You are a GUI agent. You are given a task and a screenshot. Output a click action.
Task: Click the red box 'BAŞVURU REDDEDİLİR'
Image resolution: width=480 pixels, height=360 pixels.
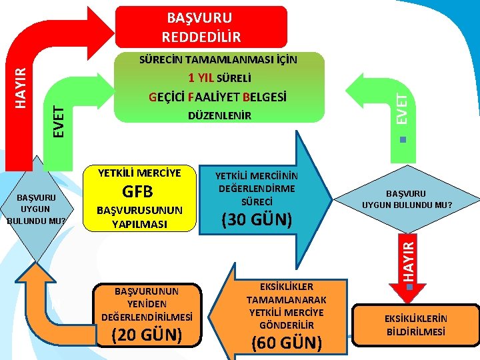tap(201, 27)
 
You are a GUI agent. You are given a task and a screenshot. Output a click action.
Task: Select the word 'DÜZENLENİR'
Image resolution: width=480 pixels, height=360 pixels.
tap(219, 116)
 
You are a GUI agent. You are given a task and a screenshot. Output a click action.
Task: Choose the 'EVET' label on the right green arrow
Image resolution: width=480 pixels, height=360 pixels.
tap(401, 107)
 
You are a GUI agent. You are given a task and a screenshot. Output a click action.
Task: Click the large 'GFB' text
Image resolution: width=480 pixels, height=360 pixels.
tap(139, 191)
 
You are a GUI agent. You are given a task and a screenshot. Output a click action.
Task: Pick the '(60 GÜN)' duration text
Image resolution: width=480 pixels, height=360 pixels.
tap(286, 343)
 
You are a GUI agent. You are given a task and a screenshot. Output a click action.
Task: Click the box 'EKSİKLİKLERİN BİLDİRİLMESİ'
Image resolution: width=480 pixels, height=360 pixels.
tap(415, 325)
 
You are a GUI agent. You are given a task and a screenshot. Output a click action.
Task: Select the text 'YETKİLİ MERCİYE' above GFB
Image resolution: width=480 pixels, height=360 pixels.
tap(139, 173)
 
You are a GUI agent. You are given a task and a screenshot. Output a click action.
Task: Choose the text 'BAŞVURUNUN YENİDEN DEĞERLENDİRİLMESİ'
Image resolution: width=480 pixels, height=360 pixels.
tap(147, 303)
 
